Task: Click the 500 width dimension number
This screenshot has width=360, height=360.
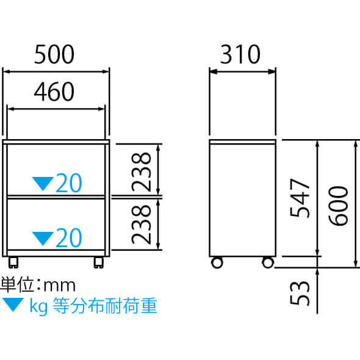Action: [54, 54]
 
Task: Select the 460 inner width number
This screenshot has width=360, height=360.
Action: [54, 92]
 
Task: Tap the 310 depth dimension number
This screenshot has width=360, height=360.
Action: [240, 54]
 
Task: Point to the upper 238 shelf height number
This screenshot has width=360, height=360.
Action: [141, 171]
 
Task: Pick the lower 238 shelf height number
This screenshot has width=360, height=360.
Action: [141, 225]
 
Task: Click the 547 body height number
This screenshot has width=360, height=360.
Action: [300, 198]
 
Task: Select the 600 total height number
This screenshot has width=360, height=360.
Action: [338, 206]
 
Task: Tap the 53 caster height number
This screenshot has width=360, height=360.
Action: [300, 293]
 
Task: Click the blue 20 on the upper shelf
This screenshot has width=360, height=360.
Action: [69, 183]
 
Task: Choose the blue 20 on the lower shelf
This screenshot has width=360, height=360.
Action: [69, 238]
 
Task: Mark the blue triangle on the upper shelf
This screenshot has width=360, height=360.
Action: [43, 183]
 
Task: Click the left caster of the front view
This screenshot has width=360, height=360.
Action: [13, 262]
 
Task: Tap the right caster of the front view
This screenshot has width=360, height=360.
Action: [99, 262]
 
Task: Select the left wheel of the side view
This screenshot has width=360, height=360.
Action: [217, 262]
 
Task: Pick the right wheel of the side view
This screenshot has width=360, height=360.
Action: [268, 262]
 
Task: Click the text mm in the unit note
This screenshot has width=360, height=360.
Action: [59, 286]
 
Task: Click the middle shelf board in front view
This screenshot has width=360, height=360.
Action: [56, 197]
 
